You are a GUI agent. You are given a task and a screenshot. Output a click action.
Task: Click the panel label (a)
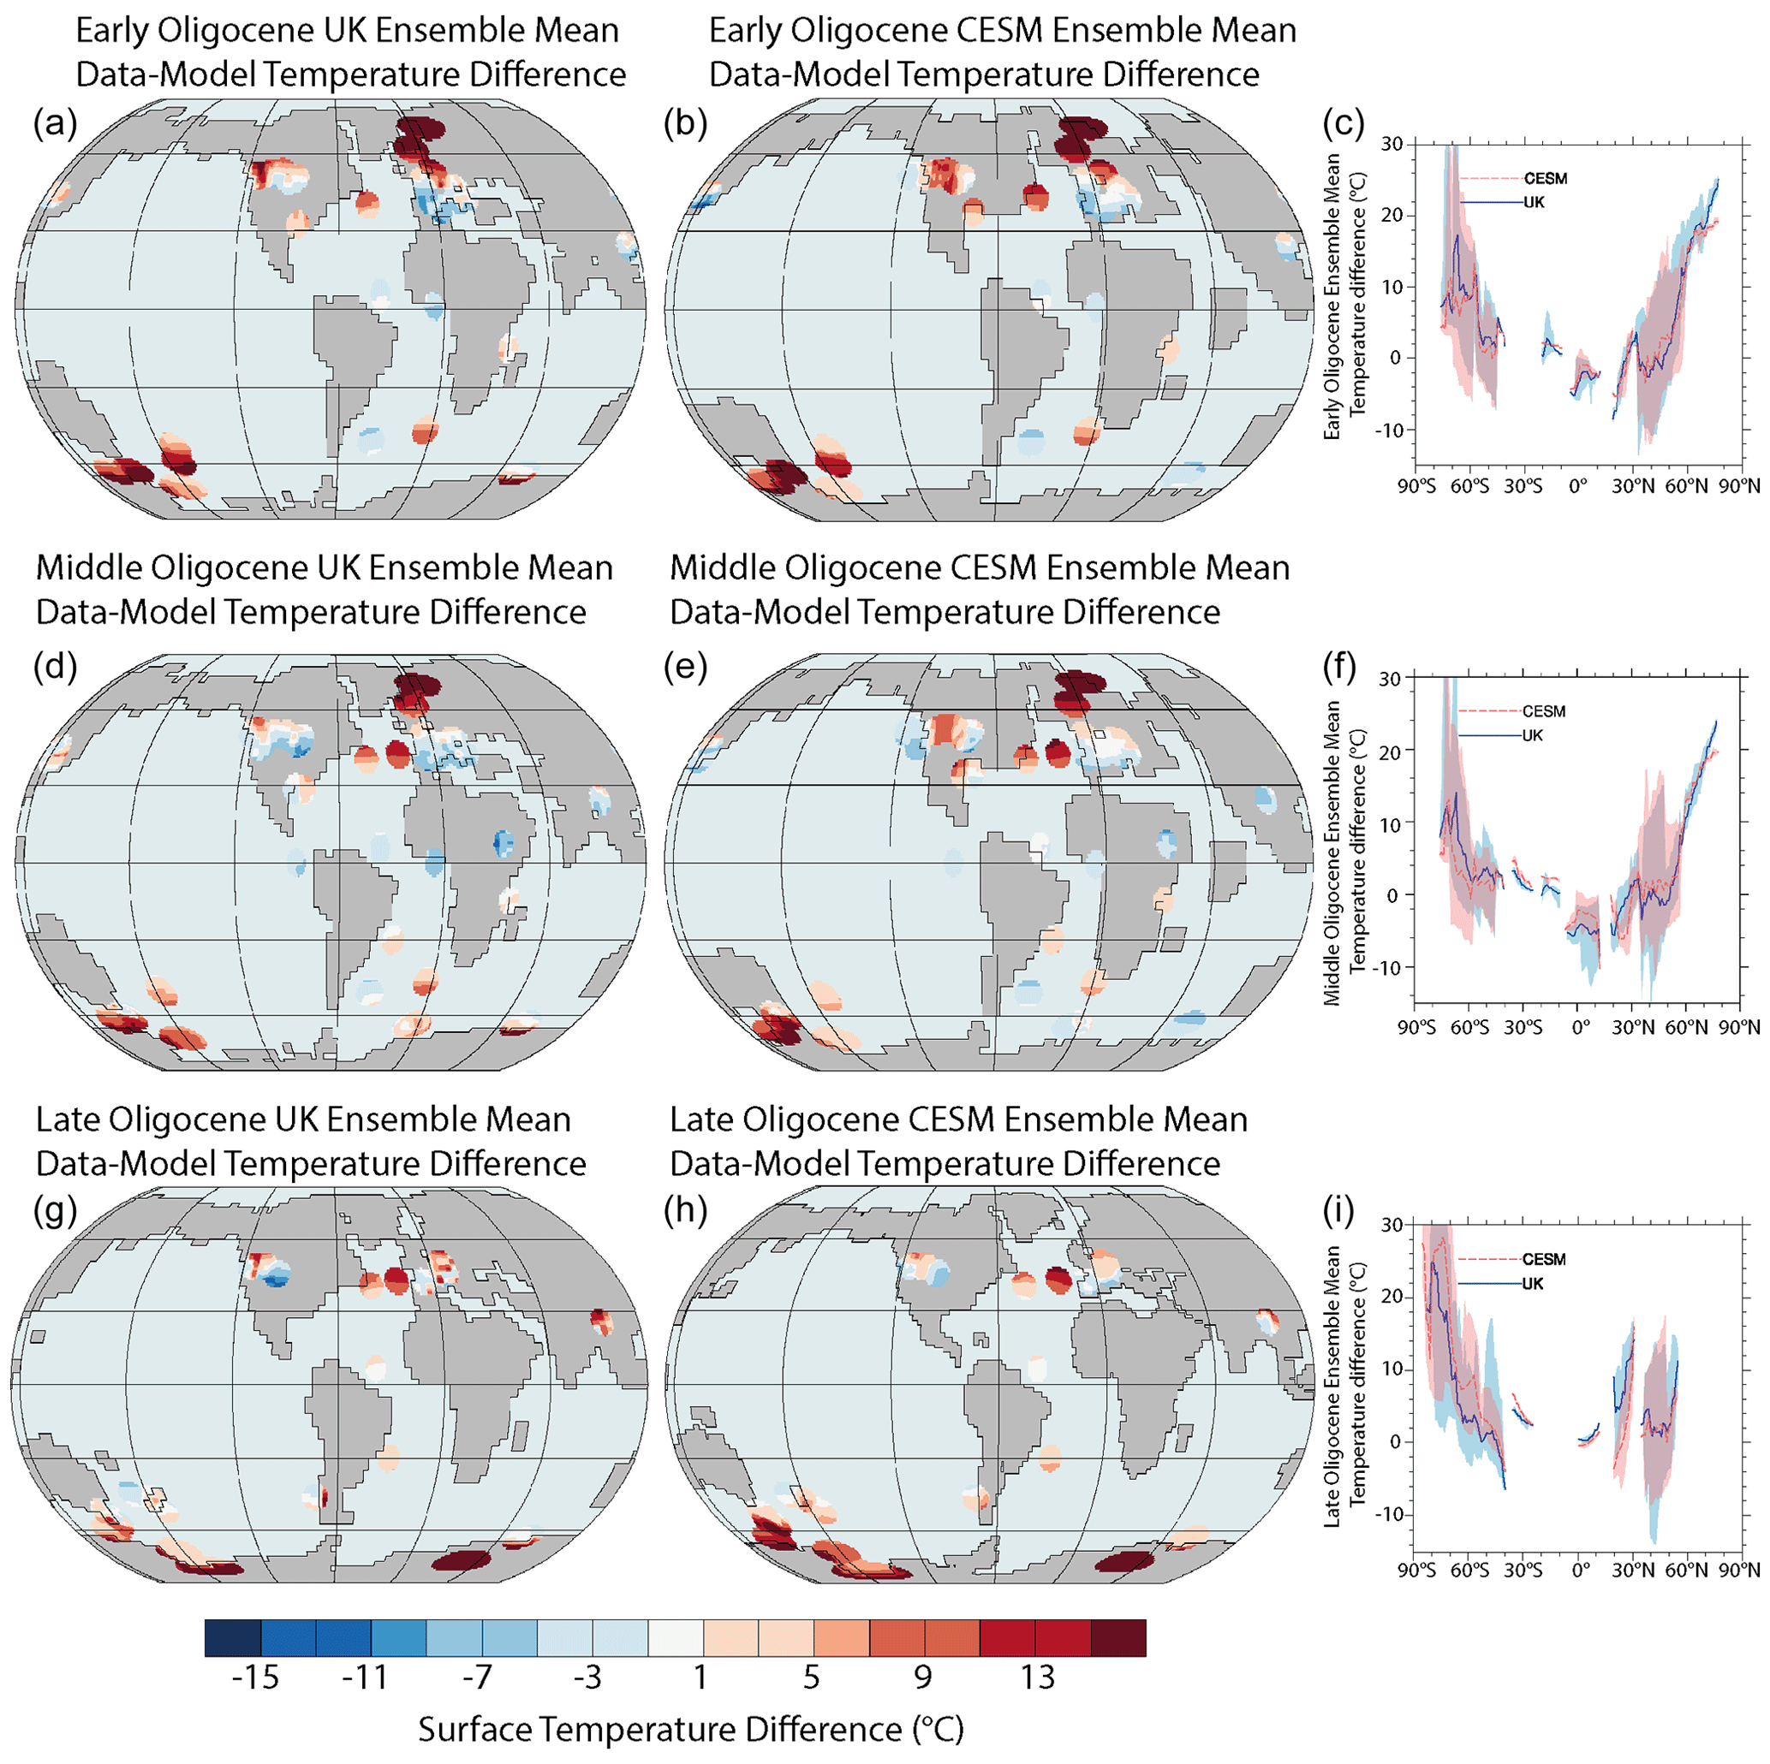point(55,122)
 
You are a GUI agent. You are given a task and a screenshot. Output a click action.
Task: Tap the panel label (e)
point(685,668)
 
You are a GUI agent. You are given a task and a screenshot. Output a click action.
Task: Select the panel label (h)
point(685,1210)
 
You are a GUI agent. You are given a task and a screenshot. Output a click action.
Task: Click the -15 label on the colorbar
point(254,1677)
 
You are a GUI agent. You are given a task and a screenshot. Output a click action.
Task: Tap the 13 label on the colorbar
point(1037,1677)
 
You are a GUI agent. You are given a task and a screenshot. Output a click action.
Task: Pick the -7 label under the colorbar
point(476,1677)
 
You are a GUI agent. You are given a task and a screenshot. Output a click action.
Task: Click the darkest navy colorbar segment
point(233,1637)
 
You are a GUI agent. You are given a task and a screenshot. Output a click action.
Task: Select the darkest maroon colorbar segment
point(1117,1637)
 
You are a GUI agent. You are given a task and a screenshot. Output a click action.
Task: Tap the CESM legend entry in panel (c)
point(1545,179)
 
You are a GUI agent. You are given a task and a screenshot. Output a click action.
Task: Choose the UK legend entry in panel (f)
point(1532,735)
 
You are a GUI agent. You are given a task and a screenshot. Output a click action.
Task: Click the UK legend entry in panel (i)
point(1532,1283)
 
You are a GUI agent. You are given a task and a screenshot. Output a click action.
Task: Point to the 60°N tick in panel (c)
point(1687,486)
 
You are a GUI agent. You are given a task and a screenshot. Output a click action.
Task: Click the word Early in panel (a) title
point(110,31)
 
